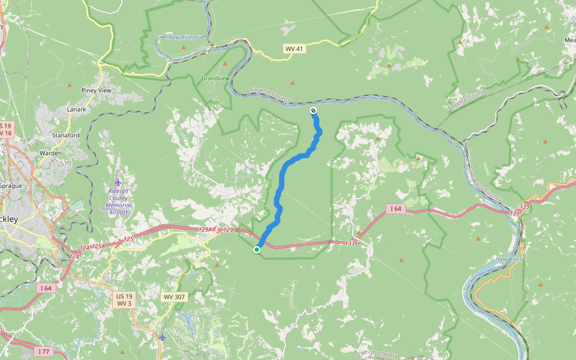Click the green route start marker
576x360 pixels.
click(x=257, y=250)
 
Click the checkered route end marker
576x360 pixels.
click(x=313, y=110)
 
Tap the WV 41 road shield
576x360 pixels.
click(x=294, y=49)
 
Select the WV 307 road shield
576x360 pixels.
click(x=172, y=297)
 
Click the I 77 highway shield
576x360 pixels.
click(x=41, y=351)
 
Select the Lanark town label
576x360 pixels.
click(x=76, y=109)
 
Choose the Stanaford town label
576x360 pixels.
click(x=66, y=136)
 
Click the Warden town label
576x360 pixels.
click(x=50, y=153)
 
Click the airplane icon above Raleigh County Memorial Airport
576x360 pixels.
click(x=118, y=182)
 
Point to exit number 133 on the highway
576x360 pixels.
click(x=350, y=243)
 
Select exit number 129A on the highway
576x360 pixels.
click(x=206, y=229)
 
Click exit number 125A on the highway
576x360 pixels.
click(x=98, y=246)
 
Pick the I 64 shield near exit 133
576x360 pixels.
click(x=395, y=209)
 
